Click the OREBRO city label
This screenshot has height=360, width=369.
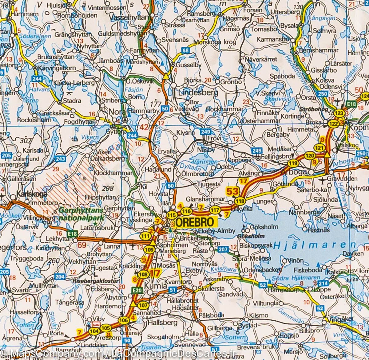pyautogui.click(x=196, y=222)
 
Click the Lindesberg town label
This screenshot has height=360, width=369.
pyautogui.click(x=194, y=92)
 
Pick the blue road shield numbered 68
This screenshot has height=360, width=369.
pyautogui.click(x=185, y=50)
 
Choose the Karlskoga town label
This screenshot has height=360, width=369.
pyautogui.click(x=32, y=194)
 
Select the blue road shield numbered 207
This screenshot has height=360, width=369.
pyautogui.click(x=224, y=249)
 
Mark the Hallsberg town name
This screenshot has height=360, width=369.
pyautogui.click(x=163, y=323)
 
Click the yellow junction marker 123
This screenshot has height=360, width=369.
pyautogui.click(x=339, y=113)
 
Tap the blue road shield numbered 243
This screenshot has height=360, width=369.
pyautogui.click(x=61, y=159)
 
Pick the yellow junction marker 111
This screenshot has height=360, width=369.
pyautogui.click(x=145, y=236)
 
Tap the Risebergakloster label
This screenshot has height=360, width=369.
pyautogui.click(x=96, y=281)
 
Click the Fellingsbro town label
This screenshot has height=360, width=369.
pyautogui.click(x=275, y=156)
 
